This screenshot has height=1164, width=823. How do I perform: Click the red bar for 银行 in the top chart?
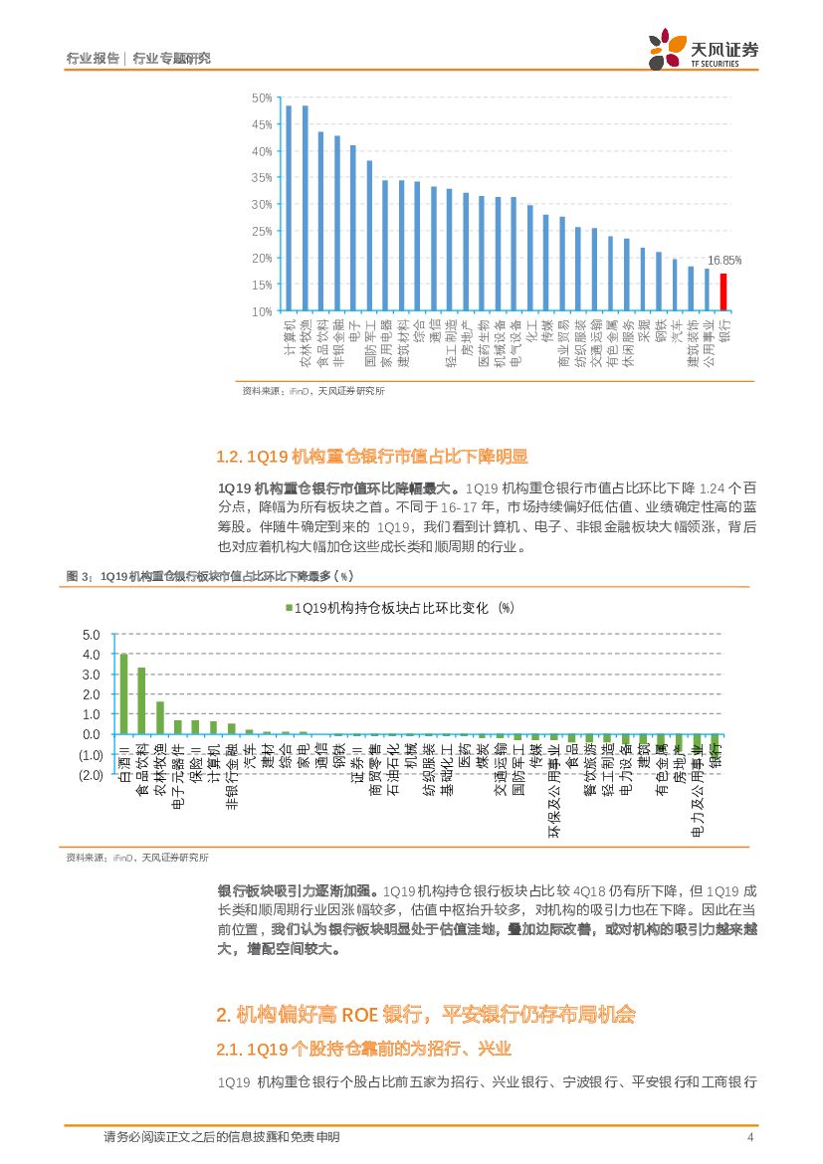[x=723, y=291]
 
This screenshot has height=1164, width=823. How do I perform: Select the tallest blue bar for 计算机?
[x=289, y=208]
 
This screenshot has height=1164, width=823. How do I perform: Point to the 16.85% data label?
[x=723, y=260]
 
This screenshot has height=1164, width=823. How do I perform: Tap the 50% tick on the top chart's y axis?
[x=262, y=97]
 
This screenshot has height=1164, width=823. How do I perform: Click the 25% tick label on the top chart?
[x=262, y=231]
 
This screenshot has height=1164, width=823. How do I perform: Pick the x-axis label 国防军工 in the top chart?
[x=369, y=343]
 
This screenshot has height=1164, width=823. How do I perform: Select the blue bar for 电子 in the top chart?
[x=352, y=228]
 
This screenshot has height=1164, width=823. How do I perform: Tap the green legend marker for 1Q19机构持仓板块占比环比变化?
[x=289, y=608]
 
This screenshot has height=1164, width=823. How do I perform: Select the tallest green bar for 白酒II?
[x=123, y=693]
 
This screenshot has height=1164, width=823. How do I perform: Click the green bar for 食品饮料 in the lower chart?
[x=141, y=700]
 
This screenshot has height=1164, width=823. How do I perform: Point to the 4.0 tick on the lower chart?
[x=92, y=655]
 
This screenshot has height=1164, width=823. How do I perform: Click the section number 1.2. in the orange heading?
[x=230, y=457]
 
